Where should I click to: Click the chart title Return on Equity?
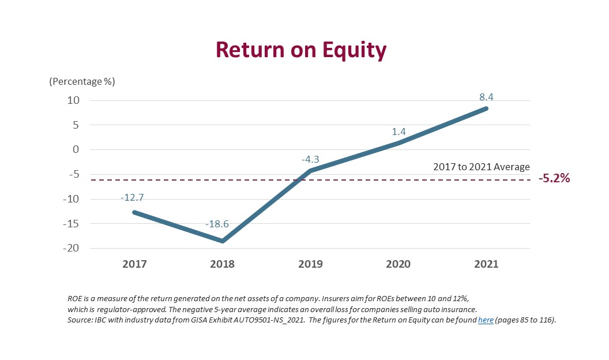pyautogui.click(x=301, y=50)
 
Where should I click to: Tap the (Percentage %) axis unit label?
pyautogui.click(x=82, y=81)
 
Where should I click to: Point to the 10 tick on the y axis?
pyautogui.click(x=73, y=100)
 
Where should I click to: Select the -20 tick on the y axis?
pyautogui.click(x=71, y=247)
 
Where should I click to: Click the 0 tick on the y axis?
pyautogui.click(x=76, y=149)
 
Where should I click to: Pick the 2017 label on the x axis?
pyautogui.click(x=134, y=264)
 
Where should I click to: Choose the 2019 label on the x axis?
pyautogui.click(x=310, y=264)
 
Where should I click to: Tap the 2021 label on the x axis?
pyautogui.click(x=486, y=264)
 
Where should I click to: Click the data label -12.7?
pyautogui.click(x=132, y=198)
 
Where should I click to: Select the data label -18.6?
pyautogui.click(x=217, y=224)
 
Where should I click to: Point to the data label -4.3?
pyautogui.click(x=310, y=159)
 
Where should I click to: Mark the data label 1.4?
pyautogui.click(x=399, y=132)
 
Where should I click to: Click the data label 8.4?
pyautogui.click(x=486, y=97)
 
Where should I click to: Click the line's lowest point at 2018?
pyautogui.click(x=223, y=241)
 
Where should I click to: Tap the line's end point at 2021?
pyautogui.click(x=486, y=108)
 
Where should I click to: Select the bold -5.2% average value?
pyautogui.click(x=554, y=178)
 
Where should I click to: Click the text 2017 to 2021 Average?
pyautogui.click(x=481, y=167)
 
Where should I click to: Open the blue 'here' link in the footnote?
pyautogui.click(x=486, y=320)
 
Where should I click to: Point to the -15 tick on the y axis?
pyautogui.click(x=71, y=223)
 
